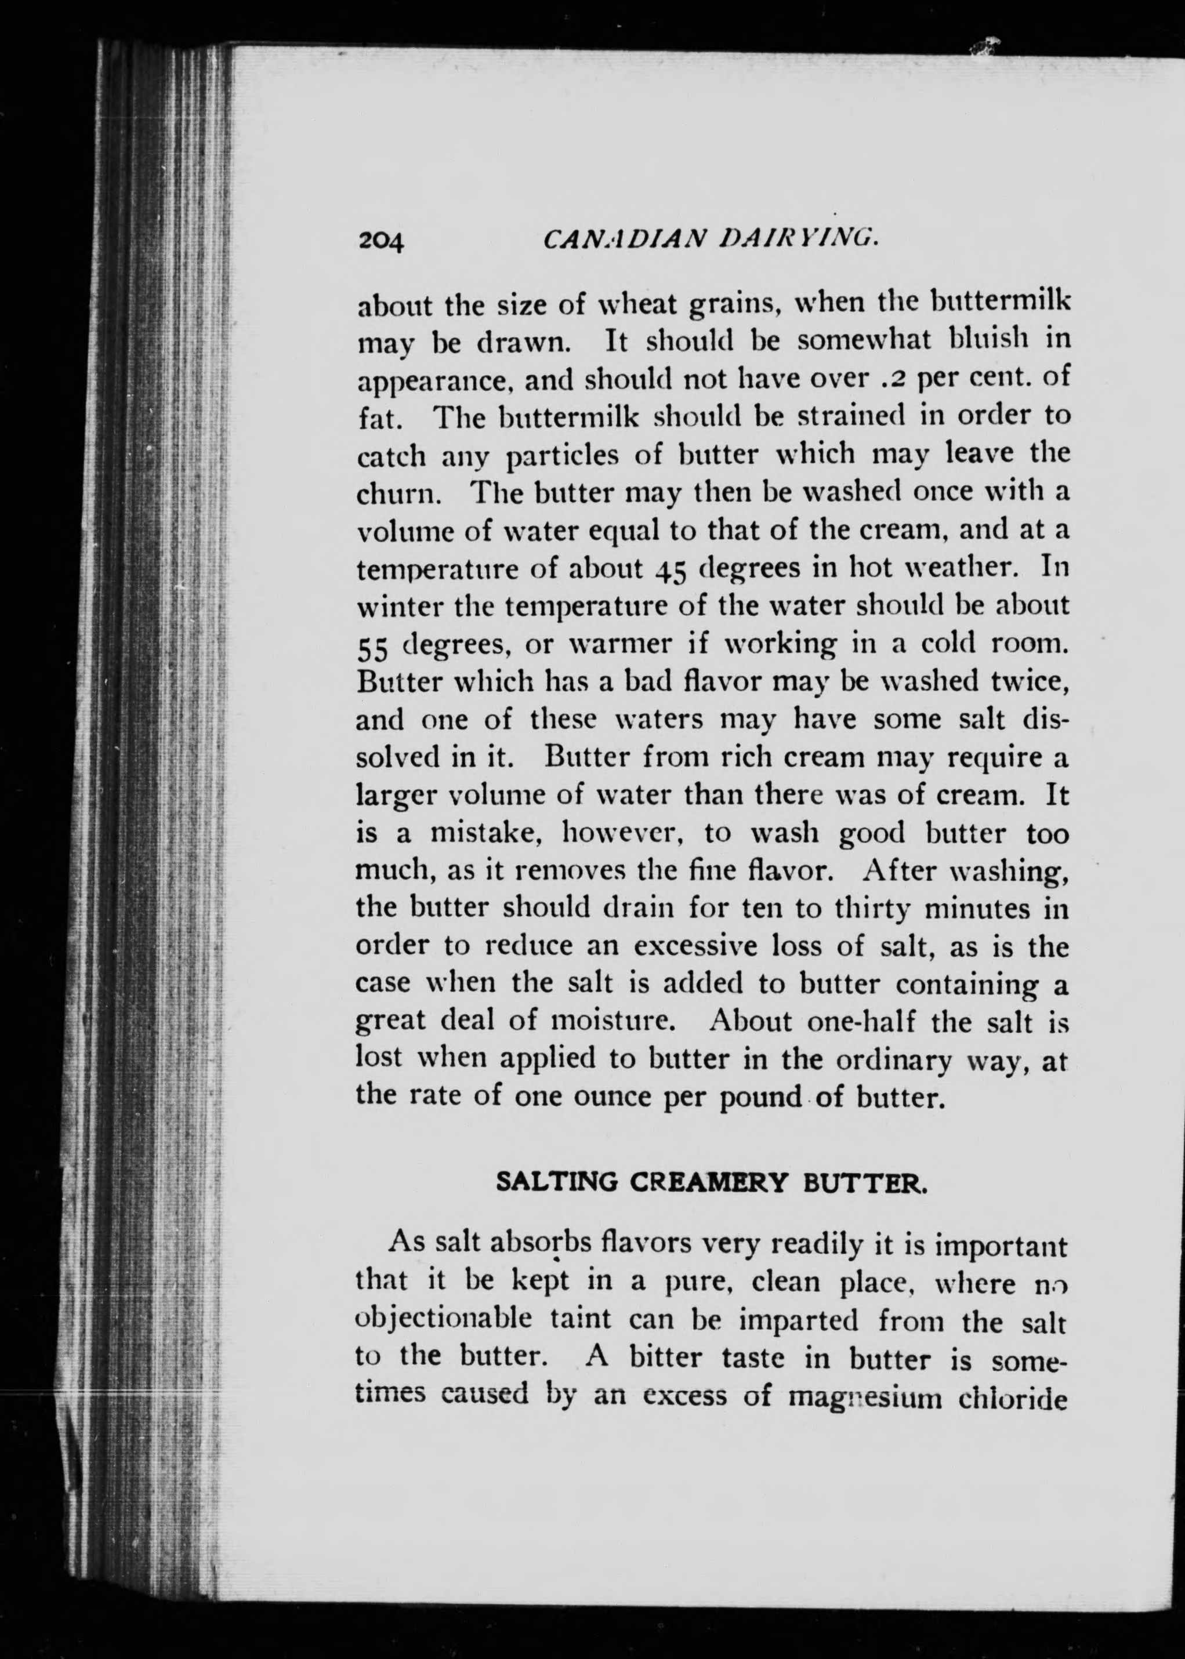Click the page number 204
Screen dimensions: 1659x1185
tap(381, 241)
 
